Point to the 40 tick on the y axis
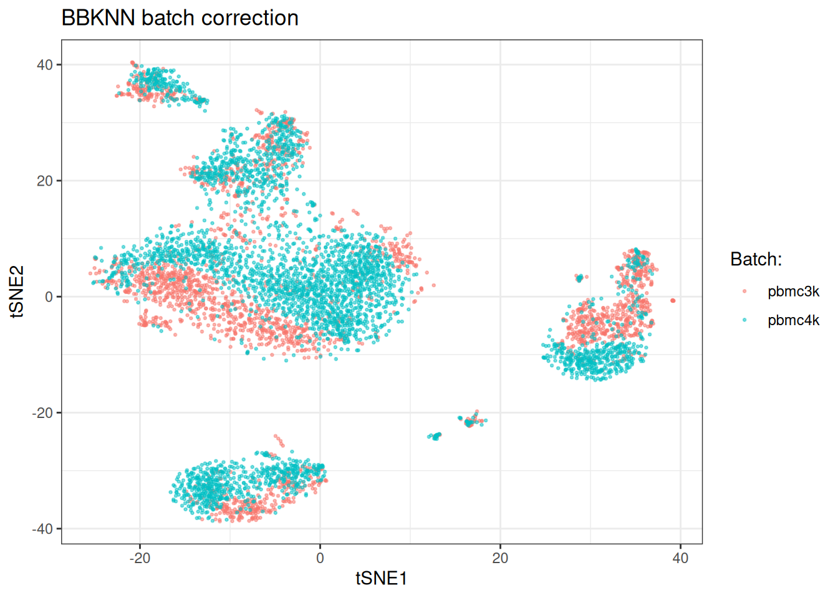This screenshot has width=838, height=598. point(46,65)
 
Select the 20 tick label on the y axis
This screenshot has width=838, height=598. point(46,181)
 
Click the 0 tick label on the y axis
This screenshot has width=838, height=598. point(49,297)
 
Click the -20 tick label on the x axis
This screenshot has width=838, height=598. point(140,558)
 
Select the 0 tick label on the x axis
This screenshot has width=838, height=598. point(320,558)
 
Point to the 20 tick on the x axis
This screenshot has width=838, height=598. point(500,558)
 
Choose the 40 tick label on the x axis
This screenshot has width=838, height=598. point(680,558)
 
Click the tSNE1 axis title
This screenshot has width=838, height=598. point(381,579)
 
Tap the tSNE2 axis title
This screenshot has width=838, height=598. point(17,292)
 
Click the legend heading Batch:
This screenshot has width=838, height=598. point(756,260)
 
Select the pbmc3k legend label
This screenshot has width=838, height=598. point(793,292)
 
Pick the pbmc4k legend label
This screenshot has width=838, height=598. point(793,320)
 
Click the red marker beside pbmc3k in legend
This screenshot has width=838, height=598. point(744,292)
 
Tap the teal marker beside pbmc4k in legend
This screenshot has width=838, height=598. point(744,320)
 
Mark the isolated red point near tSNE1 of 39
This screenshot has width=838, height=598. point(673,300)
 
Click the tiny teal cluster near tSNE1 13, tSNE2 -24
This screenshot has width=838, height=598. point(435,436)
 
